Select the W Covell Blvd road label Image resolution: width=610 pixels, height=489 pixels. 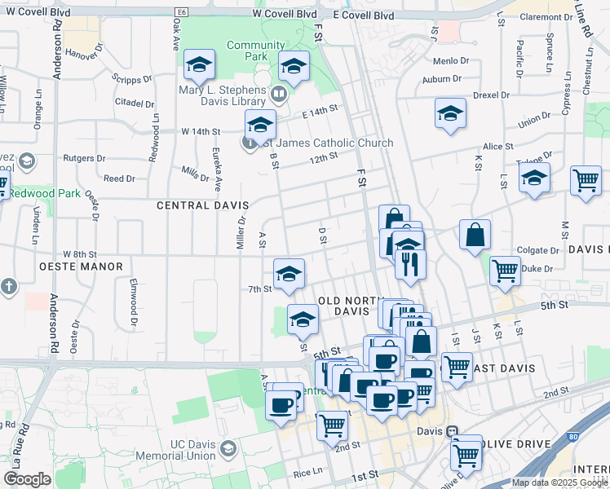click(x=284, y=15)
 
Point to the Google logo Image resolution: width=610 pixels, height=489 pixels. click(x=27, y=479)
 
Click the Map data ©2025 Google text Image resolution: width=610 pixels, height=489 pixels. click(x=559, y=482)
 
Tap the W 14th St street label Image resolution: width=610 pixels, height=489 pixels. click(x=201, y=131)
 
